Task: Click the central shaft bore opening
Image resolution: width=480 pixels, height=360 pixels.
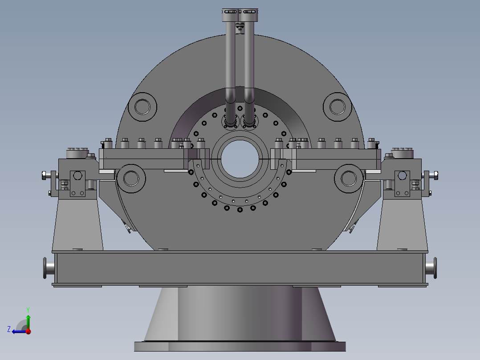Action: point(240,160)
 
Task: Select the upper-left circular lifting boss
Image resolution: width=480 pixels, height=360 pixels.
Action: point(142,107)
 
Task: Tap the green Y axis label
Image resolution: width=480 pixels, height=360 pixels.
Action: point(28,309)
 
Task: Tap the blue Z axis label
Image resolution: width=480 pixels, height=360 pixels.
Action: point(9,329)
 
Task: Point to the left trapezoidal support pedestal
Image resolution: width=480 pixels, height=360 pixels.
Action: point(78,225)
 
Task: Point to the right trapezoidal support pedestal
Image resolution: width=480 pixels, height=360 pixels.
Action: point(402,225)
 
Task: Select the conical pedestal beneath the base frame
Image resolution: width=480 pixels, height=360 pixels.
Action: point(240,314)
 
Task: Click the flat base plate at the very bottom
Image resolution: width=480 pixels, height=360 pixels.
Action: point(240,346)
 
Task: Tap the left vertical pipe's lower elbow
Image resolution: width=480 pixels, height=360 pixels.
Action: point(230,96)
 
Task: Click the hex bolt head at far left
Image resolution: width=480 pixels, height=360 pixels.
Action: point(45,175)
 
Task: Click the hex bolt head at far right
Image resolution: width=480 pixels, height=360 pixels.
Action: point(435,175)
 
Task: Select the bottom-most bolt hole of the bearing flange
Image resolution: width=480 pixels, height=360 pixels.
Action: point(240,209)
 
